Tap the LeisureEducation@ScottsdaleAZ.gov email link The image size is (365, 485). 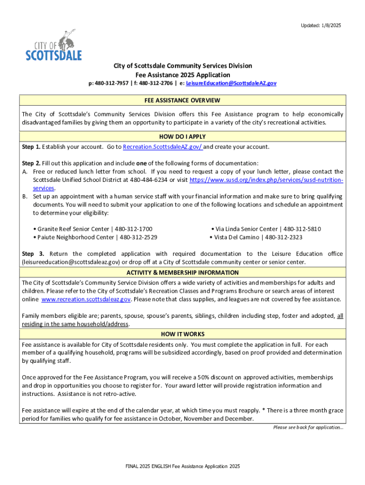coord(231,83)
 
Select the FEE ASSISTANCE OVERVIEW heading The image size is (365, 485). coord(182,100)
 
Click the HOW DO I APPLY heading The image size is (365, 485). coord(182,137)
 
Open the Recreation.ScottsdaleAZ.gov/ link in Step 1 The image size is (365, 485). coord(163,147)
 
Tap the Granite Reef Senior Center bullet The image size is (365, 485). coord(92,229)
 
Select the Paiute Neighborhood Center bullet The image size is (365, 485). coord(95,237)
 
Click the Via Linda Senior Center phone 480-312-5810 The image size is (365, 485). coord(302,229)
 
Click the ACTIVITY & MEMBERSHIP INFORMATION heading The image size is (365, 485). coord(182,273)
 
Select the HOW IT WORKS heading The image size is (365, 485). coord(182,334)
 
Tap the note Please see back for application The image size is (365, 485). coord(308,427)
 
